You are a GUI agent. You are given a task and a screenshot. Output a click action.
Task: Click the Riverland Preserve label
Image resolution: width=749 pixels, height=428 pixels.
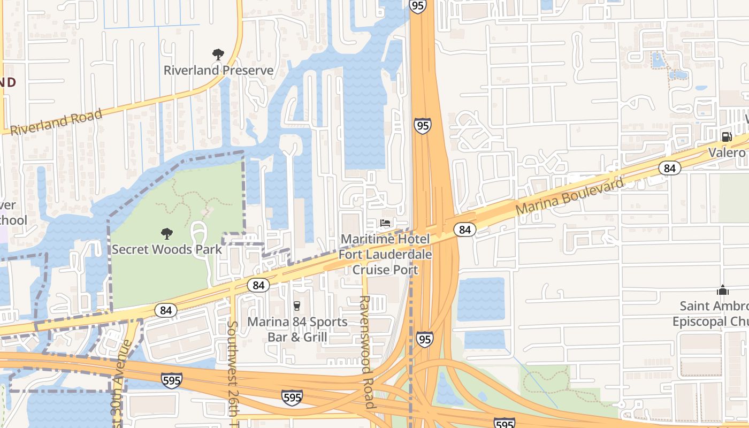218,70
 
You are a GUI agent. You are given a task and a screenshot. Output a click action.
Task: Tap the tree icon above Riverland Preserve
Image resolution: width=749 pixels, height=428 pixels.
218,54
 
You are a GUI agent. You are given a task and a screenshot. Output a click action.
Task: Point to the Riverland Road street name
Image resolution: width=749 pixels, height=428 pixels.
56,122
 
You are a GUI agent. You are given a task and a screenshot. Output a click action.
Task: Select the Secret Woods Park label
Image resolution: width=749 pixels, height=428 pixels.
166,249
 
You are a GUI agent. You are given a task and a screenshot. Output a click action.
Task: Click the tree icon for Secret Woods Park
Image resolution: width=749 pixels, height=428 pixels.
167,233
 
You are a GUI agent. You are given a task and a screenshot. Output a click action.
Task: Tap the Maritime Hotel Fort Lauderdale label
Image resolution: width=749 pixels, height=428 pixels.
385,254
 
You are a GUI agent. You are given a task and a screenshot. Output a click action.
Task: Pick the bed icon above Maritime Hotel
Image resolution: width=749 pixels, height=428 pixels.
385,223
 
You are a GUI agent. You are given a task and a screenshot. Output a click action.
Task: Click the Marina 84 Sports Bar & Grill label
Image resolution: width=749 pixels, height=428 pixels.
296,330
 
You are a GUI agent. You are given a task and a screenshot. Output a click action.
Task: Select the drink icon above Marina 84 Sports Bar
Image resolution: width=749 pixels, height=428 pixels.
296,305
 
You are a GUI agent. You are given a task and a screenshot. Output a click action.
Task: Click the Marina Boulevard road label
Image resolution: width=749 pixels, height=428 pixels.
570,197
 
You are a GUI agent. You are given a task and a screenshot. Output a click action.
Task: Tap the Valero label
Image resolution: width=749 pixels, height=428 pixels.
727,153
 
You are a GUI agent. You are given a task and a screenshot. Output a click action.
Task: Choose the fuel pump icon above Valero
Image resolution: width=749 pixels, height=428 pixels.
727,136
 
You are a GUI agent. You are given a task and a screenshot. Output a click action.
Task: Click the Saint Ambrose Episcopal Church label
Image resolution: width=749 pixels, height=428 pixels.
712,314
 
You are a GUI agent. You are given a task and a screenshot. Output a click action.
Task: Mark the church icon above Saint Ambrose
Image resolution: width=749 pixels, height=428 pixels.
723,290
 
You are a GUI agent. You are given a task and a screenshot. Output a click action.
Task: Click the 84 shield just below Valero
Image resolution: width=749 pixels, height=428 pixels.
669,167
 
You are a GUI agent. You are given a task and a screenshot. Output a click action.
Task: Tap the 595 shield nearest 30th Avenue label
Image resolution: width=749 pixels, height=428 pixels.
171,380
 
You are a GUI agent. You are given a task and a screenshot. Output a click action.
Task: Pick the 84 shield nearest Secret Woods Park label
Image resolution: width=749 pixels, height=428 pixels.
258,285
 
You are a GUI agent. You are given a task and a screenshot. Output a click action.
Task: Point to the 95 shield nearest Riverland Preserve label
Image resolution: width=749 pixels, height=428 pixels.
422,126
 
